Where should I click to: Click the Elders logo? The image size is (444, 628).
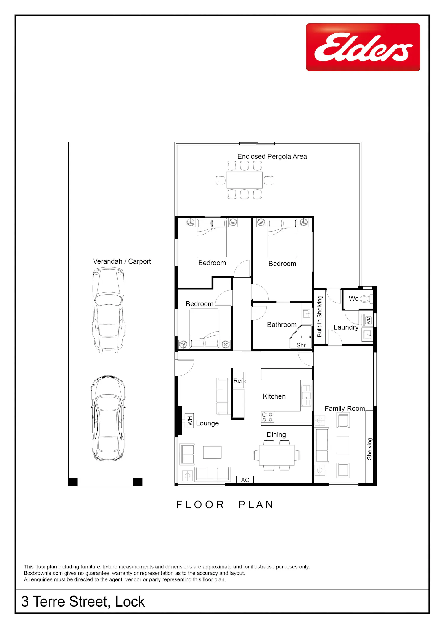[x=363, y=47]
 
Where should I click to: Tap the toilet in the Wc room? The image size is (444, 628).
[x=366, y=299]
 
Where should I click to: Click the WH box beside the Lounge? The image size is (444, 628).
[x=189, y=420]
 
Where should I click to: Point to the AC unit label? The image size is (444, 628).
[x=245, y=480]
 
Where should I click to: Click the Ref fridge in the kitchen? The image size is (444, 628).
[x=239, y=380]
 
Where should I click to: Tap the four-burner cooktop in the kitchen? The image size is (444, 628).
[x=267, y=417]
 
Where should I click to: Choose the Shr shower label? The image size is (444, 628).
[x=301, y=345]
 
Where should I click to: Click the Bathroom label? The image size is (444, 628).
[x=281, y=325]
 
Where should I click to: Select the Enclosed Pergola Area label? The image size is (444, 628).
[x=272, y=156]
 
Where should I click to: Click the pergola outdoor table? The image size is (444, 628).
[x=244, y=180]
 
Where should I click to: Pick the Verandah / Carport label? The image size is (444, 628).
[x=122, y=261]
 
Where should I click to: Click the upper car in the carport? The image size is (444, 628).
[x=108, y=310]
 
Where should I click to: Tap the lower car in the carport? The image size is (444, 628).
[x=108, y=418]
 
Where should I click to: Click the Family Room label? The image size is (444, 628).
[x=345, y=409]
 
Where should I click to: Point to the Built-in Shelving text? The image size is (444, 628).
[x=320, y=316]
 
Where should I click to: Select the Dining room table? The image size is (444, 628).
[x=277, y=455]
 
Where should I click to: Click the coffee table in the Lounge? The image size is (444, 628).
[x=212, y=452]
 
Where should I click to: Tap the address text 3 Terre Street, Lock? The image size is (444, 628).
[x=83, y=602]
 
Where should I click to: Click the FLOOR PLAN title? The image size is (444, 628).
[x=225, y=505]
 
